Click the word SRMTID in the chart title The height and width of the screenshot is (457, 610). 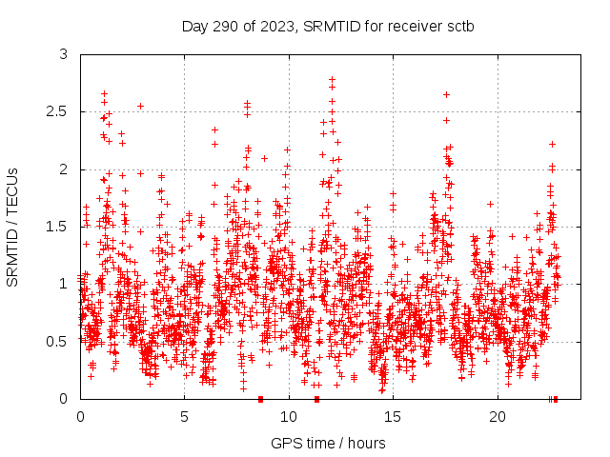[326, 26]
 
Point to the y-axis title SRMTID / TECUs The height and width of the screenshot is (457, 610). [12, 227]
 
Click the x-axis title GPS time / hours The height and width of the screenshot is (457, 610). [328, 443]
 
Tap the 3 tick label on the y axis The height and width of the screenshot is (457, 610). [64, 54]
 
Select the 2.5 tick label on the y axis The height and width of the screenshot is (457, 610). [59, 111]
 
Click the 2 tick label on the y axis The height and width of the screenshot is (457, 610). [64, 169]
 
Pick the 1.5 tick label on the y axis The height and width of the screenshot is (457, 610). [59, 227]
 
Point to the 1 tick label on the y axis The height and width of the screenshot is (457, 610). [64, 284]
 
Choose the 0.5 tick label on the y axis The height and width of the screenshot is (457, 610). [59, 341]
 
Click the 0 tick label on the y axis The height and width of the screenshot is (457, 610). [64, 399]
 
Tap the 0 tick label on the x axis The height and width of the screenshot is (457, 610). [80, 416]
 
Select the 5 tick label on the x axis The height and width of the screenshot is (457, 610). [184, 416]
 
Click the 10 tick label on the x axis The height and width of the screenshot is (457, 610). [288, 416]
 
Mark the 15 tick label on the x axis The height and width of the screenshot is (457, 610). [392, 416]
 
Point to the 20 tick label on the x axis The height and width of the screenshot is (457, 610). [496, 416]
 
